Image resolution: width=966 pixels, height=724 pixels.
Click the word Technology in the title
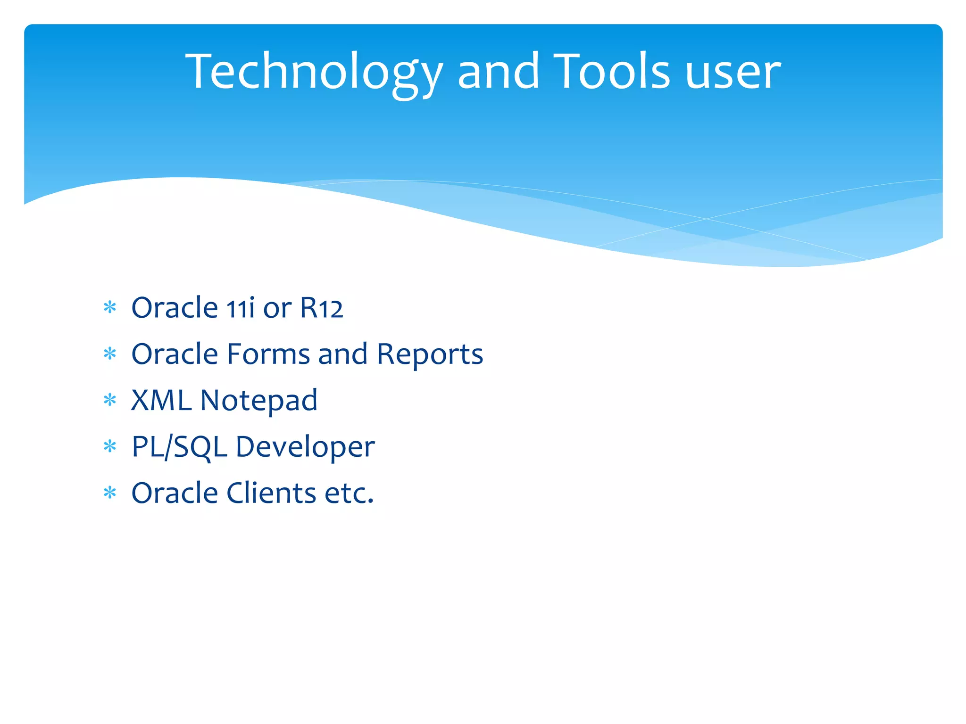point(314,72)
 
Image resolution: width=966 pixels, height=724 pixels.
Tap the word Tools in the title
point(611,72)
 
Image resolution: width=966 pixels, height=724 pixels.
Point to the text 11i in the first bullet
point(240,308)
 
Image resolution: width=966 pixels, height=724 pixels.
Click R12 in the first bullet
point(321,308)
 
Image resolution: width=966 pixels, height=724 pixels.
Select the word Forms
point(268,354)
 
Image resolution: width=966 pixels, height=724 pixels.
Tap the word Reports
point(430,355)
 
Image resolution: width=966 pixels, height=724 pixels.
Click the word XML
point(161,401)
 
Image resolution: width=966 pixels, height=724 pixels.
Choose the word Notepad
point(259,401)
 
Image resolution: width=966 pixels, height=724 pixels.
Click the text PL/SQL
point(179,447)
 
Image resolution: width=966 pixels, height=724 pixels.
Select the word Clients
point(271,493)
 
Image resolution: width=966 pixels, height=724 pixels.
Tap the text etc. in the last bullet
point(350,494)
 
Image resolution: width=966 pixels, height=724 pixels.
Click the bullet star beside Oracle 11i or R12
point(110,308)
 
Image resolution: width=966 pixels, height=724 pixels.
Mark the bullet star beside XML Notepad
point(110,401)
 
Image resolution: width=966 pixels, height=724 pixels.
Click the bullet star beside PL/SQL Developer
point(110,446)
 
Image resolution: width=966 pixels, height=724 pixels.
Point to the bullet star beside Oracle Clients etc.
point(110,493)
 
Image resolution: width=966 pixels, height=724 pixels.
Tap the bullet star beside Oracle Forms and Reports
point(110,354)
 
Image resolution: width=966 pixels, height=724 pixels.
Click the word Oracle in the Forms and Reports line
point(175,354)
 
